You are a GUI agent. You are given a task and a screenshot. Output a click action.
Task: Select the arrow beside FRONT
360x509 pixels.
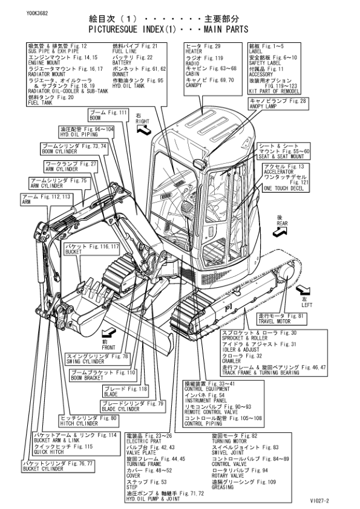(x=109, y=332)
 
